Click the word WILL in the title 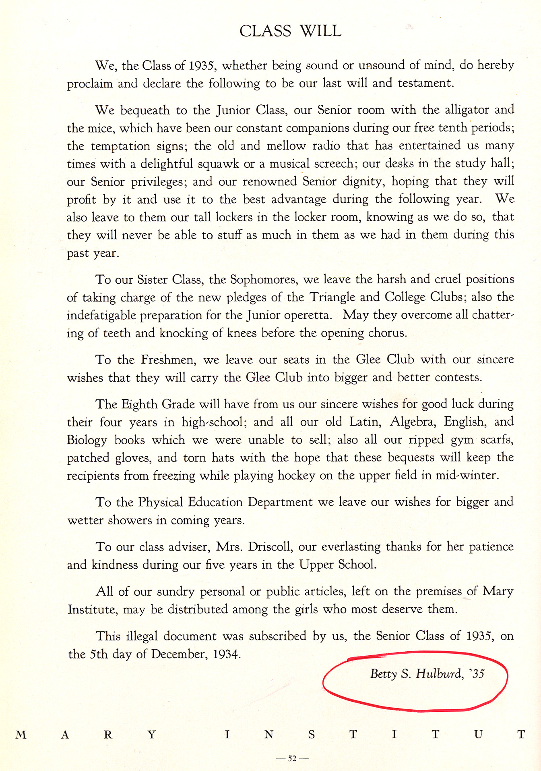pyautogui.click(x=321, y=31)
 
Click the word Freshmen pyautogui.click(x=168, y=360)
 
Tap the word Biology pyautogui.click(x=87, y=440)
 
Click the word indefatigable pyautogui.click(x=101, y=315)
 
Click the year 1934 pyautogui.click(x=226, y=654)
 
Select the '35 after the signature pyautogui.click(x=477, y=674)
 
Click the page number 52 pyautogui.click(x=292, y=759)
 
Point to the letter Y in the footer pyautogui.click(x=151, y=735)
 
